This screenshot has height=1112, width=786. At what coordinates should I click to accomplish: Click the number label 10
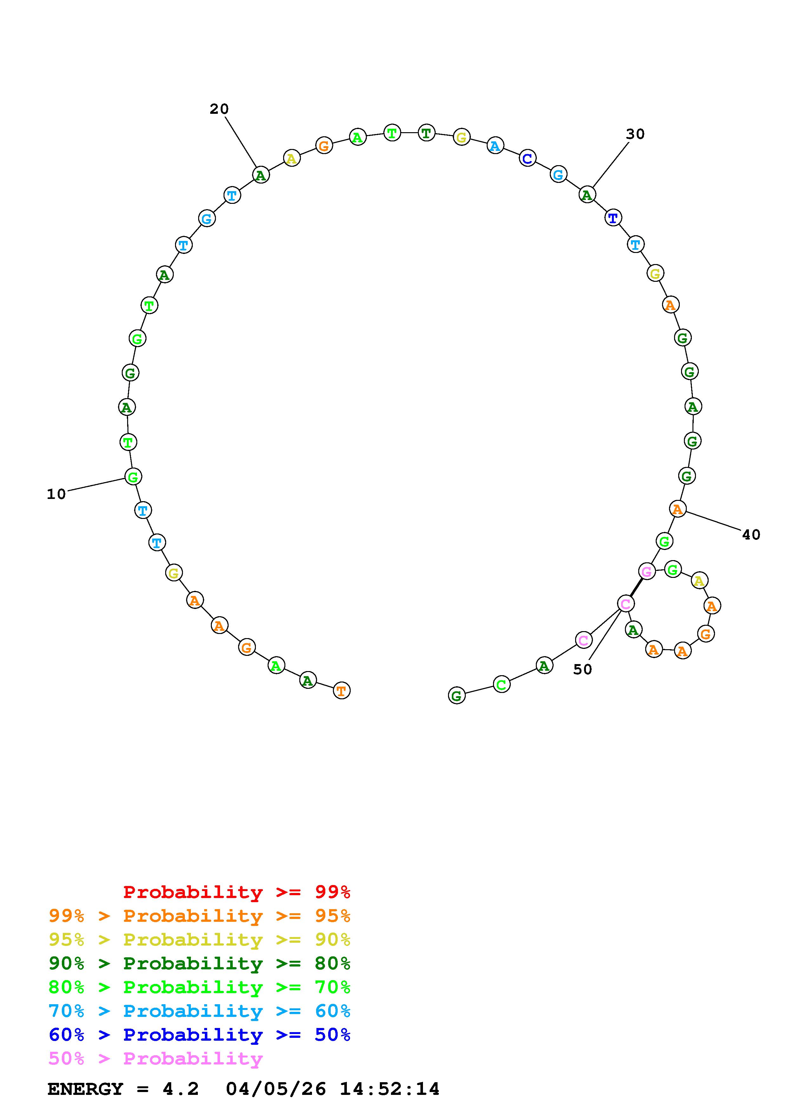(56, 494)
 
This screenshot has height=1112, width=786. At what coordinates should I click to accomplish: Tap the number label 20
(219, 109)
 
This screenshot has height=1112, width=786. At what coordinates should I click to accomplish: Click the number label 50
(582, 669)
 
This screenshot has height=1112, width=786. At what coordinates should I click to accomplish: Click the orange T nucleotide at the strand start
(341, 691)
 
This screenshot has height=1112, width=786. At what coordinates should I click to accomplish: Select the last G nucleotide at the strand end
(456, 696)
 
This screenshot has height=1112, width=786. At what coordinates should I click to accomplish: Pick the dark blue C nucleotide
(527, 158)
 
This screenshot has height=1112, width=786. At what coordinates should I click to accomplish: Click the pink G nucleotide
(646, 572)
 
